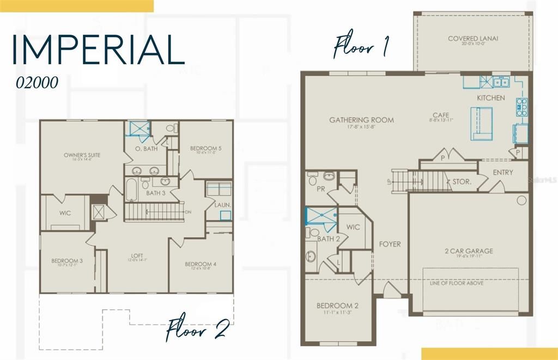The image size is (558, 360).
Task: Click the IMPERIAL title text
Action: [x=98, y=49]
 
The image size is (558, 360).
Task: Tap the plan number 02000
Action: [x=37, y=82]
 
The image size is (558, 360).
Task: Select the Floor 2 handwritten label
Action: [x=197, y=328]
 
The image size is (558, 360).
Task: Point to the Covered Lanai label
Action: [x=473, y=39]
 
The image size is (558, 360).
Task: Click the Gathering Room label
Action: [x=361, y=120]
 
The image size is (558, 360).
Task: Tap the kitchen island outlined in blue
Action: [x=481, y=123]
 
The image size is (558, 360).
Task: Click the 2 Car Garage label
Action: [x=469, y=251]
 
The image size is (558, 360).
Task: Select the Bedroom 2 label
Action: [x=337, y=306]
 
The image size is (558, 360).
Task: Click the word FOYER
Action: [x=390, y=244]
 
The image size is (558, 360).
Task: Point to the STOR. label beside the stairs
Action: [x=462, y=182]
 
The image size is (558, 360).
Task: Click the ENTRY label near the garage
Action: [x=502, y=172]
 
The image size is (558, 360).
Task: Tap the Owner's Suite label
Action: [x=82, y=155]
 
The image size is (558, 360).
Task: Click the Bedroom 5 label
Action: [x=205, y=148]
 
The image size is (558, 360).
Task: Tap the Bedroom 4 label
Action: [x=201, y=264]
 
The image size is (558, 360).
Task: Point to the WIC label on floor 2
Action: [x=64, y=213]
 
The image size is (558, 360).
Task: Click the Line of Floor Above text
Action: [x=456, y=283]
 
